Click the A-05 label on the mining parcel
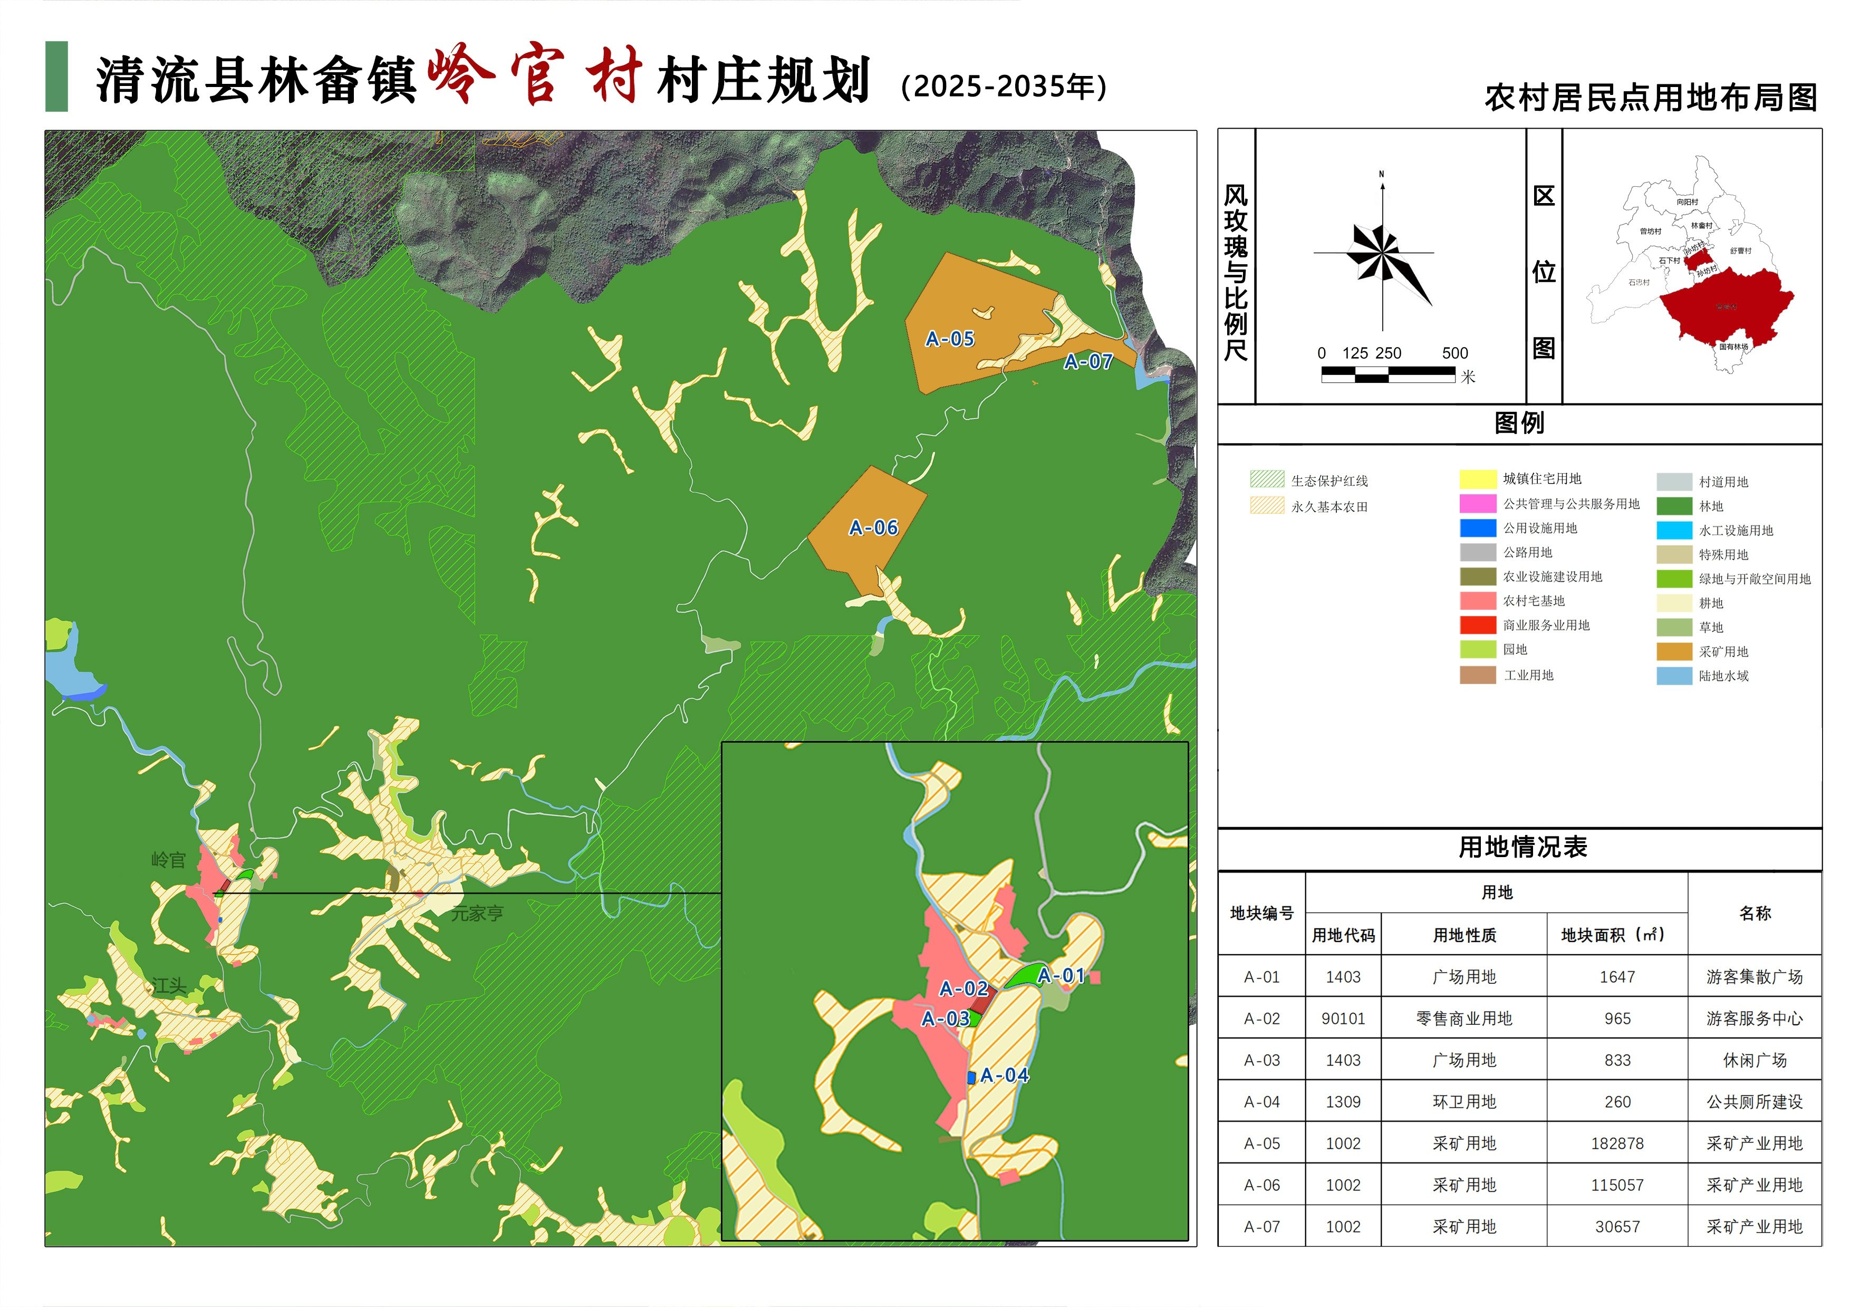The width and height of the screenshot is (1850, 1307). coord(950,339)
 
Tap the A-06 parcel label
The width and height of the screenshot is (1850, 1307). coord(873,528)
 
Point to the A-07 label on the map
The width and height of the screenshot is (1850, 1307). coord(1088,362)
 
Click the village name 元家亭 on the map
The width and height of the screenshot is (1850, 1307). coord(477,913)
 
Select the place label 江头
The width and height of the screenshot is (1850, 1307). coord(169,985)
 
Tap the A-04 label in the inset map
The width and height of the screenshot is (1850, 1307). coord(1004,1075)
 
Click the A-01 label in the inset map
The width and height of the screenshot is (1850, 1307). coord(1061,976)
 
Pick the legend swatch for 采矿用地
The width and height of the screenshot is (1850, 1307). coord(1673,651)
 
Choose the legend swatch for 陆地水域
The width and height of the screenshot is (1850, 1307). coord(1673,675)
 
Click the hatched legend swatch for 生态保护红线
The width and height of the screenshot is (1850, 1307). coord(1267,479)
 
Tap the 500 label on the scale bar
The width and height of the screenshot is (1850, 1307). coord(1454,353)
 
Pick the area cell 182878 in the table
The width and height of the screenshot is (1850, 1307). coord(1616,1143)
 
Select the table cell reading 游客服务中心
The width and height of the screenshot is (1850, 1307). coord(1754,1018)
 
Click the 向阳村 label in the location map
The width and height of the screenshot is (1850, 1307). coord(1687,202)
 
